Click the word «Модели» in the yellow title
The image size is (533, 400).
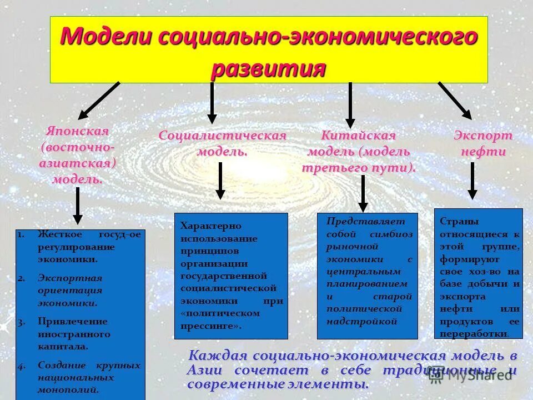(105, 37)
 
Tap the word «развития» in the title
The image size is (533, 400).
(268, 69)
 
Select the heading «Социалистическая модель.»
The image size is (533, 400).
(222, 143)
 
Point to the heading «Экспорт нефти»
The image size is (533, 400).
(483, 144)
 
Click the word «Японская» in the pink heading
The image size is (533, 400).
(77, 131)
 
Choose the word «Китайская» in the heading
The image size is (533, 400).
(359, 136)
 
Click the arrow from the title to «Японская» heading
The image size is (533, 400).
(99, 101)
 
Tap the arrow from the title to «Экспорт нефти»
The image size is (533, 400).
(455, 101)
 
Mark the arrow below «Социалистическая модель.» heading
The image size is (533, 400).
(220, 180)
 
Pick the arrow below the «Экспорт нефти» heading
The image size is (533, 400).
(472, 181)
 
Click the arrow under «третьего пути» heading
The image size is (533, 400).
(363, 193)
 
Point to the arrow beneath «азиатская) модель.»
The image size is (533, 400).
(78, 205)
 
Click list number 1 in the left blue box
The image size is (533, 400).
(20, 234)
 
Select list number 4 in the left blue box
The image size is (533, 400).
(21, 366)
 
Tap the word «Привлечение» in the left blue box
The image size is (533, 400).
(64, 321)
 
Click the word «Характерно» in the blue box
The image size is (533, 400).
(203, 226)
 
